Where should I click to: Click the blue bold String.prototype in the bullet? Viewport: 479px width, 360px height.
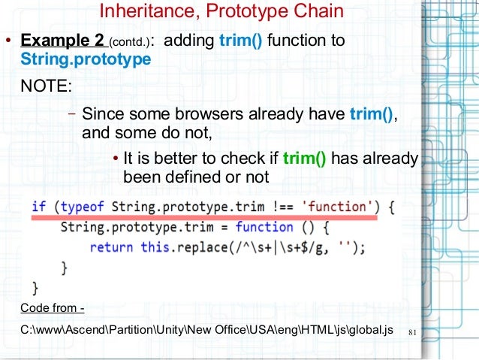coord(85,58)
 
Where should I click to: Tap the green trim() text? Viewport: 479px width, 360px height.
coord(304,159)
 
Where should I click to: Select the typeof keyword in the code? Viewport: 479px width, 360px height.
coord(83,206)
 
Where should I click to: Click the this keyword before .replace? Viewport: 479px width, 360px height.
coord(155,247)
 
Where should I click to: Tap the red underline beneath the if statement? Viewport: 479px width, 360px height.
coord(203,217)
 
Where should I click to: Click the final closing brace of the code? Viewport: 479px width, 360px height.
coord(35,286)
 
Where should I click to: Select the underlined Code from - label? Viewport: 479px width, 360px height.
coord(53,308)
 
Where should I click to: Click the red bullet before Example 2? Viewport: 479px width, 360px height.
coord(8,41)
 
